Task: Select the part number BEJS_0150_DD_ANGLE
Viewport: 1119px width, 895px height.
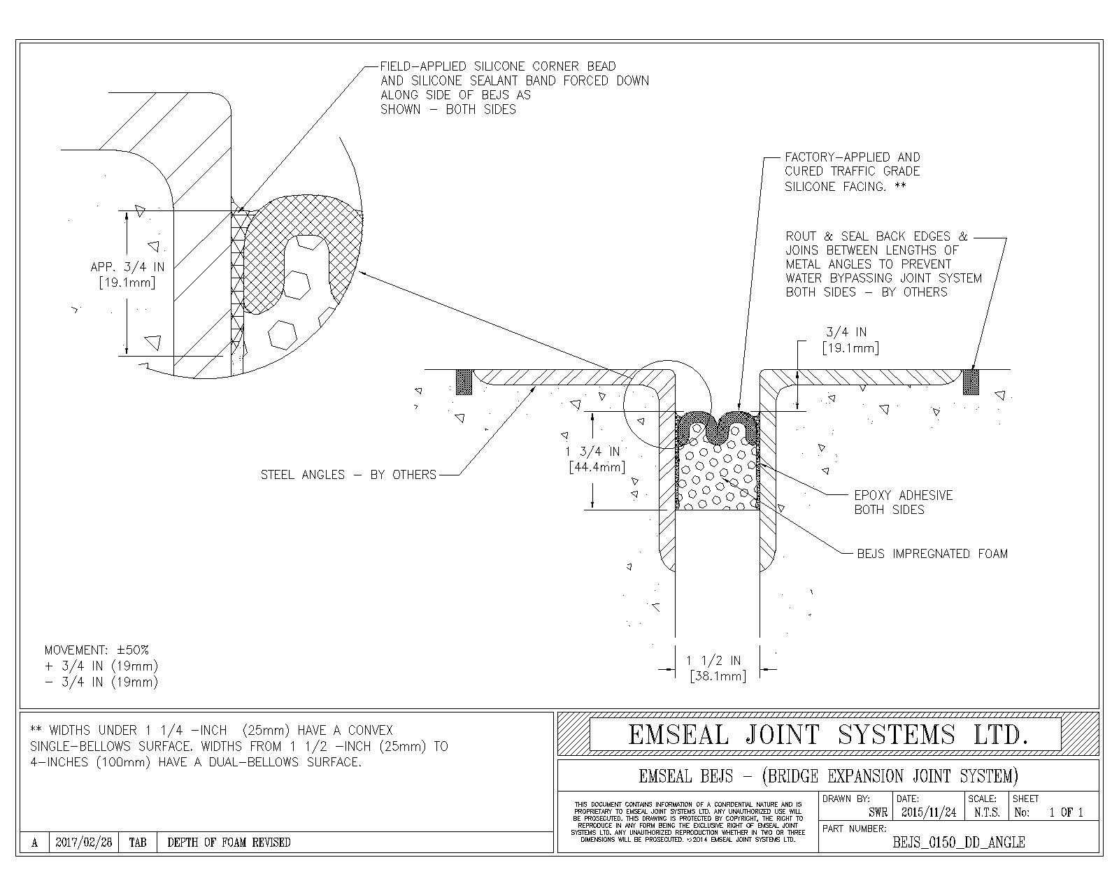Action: click(x=958, y=843)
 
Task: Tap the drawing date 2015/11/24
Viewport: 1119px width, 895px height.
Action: click(x=928, y=812)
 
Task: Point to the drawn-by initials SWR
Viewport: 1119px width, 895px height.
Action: click(x=878, y=812)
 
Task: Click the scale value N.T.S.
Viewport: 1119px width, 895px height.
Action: click(x=986, y=812)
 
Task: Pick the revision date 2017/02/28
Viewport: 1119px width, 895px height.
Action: click(x=83, y=843)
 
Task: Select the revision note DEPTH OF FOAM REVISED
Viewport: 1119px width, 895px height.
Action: click(x=229, y=843)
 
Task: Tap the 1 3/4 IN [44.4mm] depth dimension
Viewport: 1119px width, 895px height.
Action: click(x=595, y=459)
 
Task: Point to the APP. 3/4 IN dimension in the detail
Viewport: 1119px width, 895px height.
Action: click(x=127, y=275)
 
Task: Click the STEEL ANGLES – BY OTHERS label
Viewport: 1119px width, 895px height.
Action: click(x=348, y=475)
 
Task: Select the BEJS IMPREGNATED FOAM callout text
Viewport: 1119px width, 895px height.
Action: click(x=932, y=554)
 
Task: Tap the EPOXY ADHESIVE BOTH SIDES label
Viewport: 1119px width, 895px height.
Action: click(x=903, y=502)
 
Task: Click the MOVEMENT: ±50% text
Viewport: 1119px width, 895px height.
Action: click(x=97, y=650)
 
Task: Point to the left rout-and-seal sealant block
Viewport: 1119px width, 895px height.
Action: click(x=464, y=382)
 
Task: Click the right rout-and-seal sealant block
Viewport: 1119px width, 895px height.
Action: click(x=970, y=382)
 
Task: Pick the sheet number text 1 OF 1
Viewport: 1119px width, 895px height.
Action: click(x=1065, y=812)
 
